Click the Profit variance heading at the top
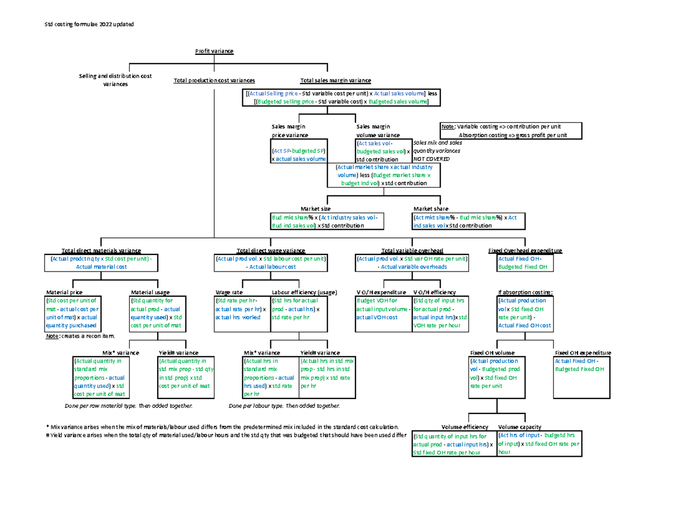[214, 51]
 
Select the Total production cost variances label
[214, 81]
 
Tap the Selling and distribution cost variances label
[115, 80]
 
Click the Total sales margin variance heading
[336, 81]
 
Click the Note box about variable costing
[510, 131]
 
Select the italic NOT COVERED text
[428, 158]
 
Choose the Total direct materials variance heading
[101, 251]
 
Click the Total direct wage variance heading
[271, 251]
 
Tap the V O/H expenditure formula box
[382, 313]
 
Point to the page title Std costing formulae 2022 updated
[89, 24]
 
